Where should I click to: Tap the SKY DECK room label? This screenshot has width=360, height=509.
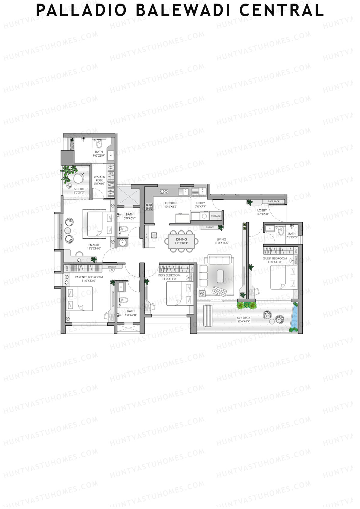(x=244, y=318)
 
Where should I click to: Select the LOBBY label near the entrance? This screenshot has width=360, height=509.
(x=262, y=211)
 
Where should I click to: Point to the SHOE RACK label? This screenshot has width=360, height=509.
(x=273, y=201)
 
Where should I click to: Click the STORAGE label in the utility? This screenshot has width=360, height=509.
(x=216, y=216)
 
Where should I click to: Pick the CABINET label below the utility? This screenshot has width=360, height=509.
(x=210, y=227)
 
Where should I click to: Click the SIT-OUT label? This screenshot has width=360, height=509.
(x=79, y=189)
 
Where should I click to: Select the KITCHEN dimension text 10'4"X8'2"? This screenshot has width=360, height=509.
(x=171, y=207)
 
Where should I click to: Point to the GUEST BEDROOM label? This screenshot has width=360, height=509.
(x=275, y=258)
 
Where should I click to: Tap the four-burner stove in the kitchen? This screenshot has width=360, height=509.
(x=149, y=207)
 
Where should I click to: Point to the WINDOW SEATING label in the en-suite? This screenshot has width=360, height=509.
(x=61, y=232)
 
